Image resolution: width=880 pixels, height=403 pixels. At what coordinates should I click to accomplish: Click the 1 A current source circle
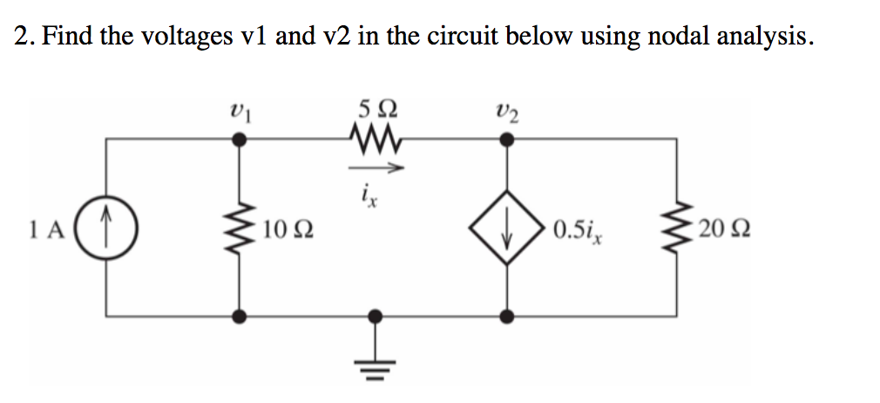106,231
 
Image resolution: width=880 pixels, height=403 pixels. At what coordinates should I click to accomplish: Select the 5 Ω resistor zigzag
377,139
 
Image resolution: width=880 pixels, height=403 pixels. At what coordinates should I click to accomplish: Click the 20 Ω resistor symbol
676,231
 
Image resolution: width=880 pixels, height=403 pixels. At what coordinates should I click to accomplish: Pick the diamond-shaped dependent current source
507,231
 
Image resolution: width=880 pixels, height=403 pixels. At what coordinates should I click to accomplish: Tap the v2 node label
506,111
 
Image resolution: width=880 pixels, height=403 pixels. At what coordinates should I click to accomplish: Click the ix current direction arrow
377,168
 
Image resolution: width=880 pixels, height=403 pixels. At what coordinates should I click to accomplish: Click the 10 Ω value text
288,232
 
